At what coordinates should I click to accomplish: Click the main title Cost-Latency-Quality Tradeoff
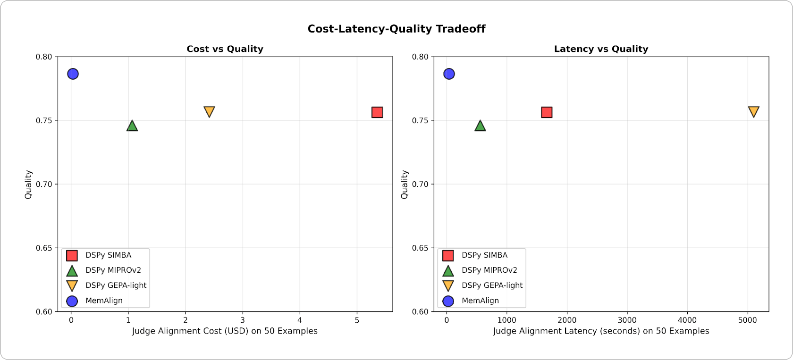(x=396, y=29)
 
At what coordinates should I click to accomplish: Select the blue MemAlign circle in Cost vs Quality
(x=73, y=74)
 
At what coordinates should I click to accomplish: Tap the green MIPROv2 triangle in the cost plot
(x=132, y=126)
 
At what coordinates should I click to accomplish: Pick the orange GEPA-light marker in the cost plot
(x=209, y=111)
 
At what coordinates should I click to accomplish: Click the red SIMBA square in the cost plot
(x=377, y=112)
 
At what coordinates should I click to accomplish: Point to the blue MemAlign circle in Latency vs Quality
(x=449, y=74)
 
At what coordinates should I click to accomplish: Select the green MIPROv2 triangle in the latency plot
(x=480, y=126)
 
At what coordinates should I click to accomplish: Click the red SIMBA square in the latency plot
(x=547, y=112)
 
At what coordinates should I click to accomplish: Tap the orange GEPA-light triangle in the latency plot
(x=754, y=111)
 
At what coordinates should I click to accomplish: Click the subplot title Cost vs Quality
(x=225, y=49)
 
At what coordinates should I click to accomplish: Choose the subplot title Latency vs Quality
(x=601, y=49)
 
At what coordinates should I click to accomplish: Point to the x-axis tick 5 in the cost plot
(x=357, y=320)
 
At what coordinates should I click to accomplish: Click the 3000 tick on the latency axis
(x=627, y=320)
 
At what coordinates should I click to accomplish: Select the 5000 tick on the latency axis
(x=747, y=320)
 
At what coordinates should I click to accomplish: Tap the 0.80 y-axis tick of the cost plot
(x=44, y=57)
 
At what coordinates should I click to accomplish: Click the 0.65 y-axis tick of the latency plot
(x=420, y=248)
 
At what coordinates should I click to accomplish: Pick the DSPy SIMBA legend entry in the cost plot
(x=108, y=255)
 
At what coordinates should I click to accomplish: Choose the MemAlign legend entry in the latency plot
(x=480, y=301)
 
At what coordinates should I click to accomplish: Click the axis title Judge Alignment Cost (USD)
(x=225, y=331)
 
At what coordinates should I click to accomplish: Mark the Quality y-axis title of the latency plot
(x=405, y=184)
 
